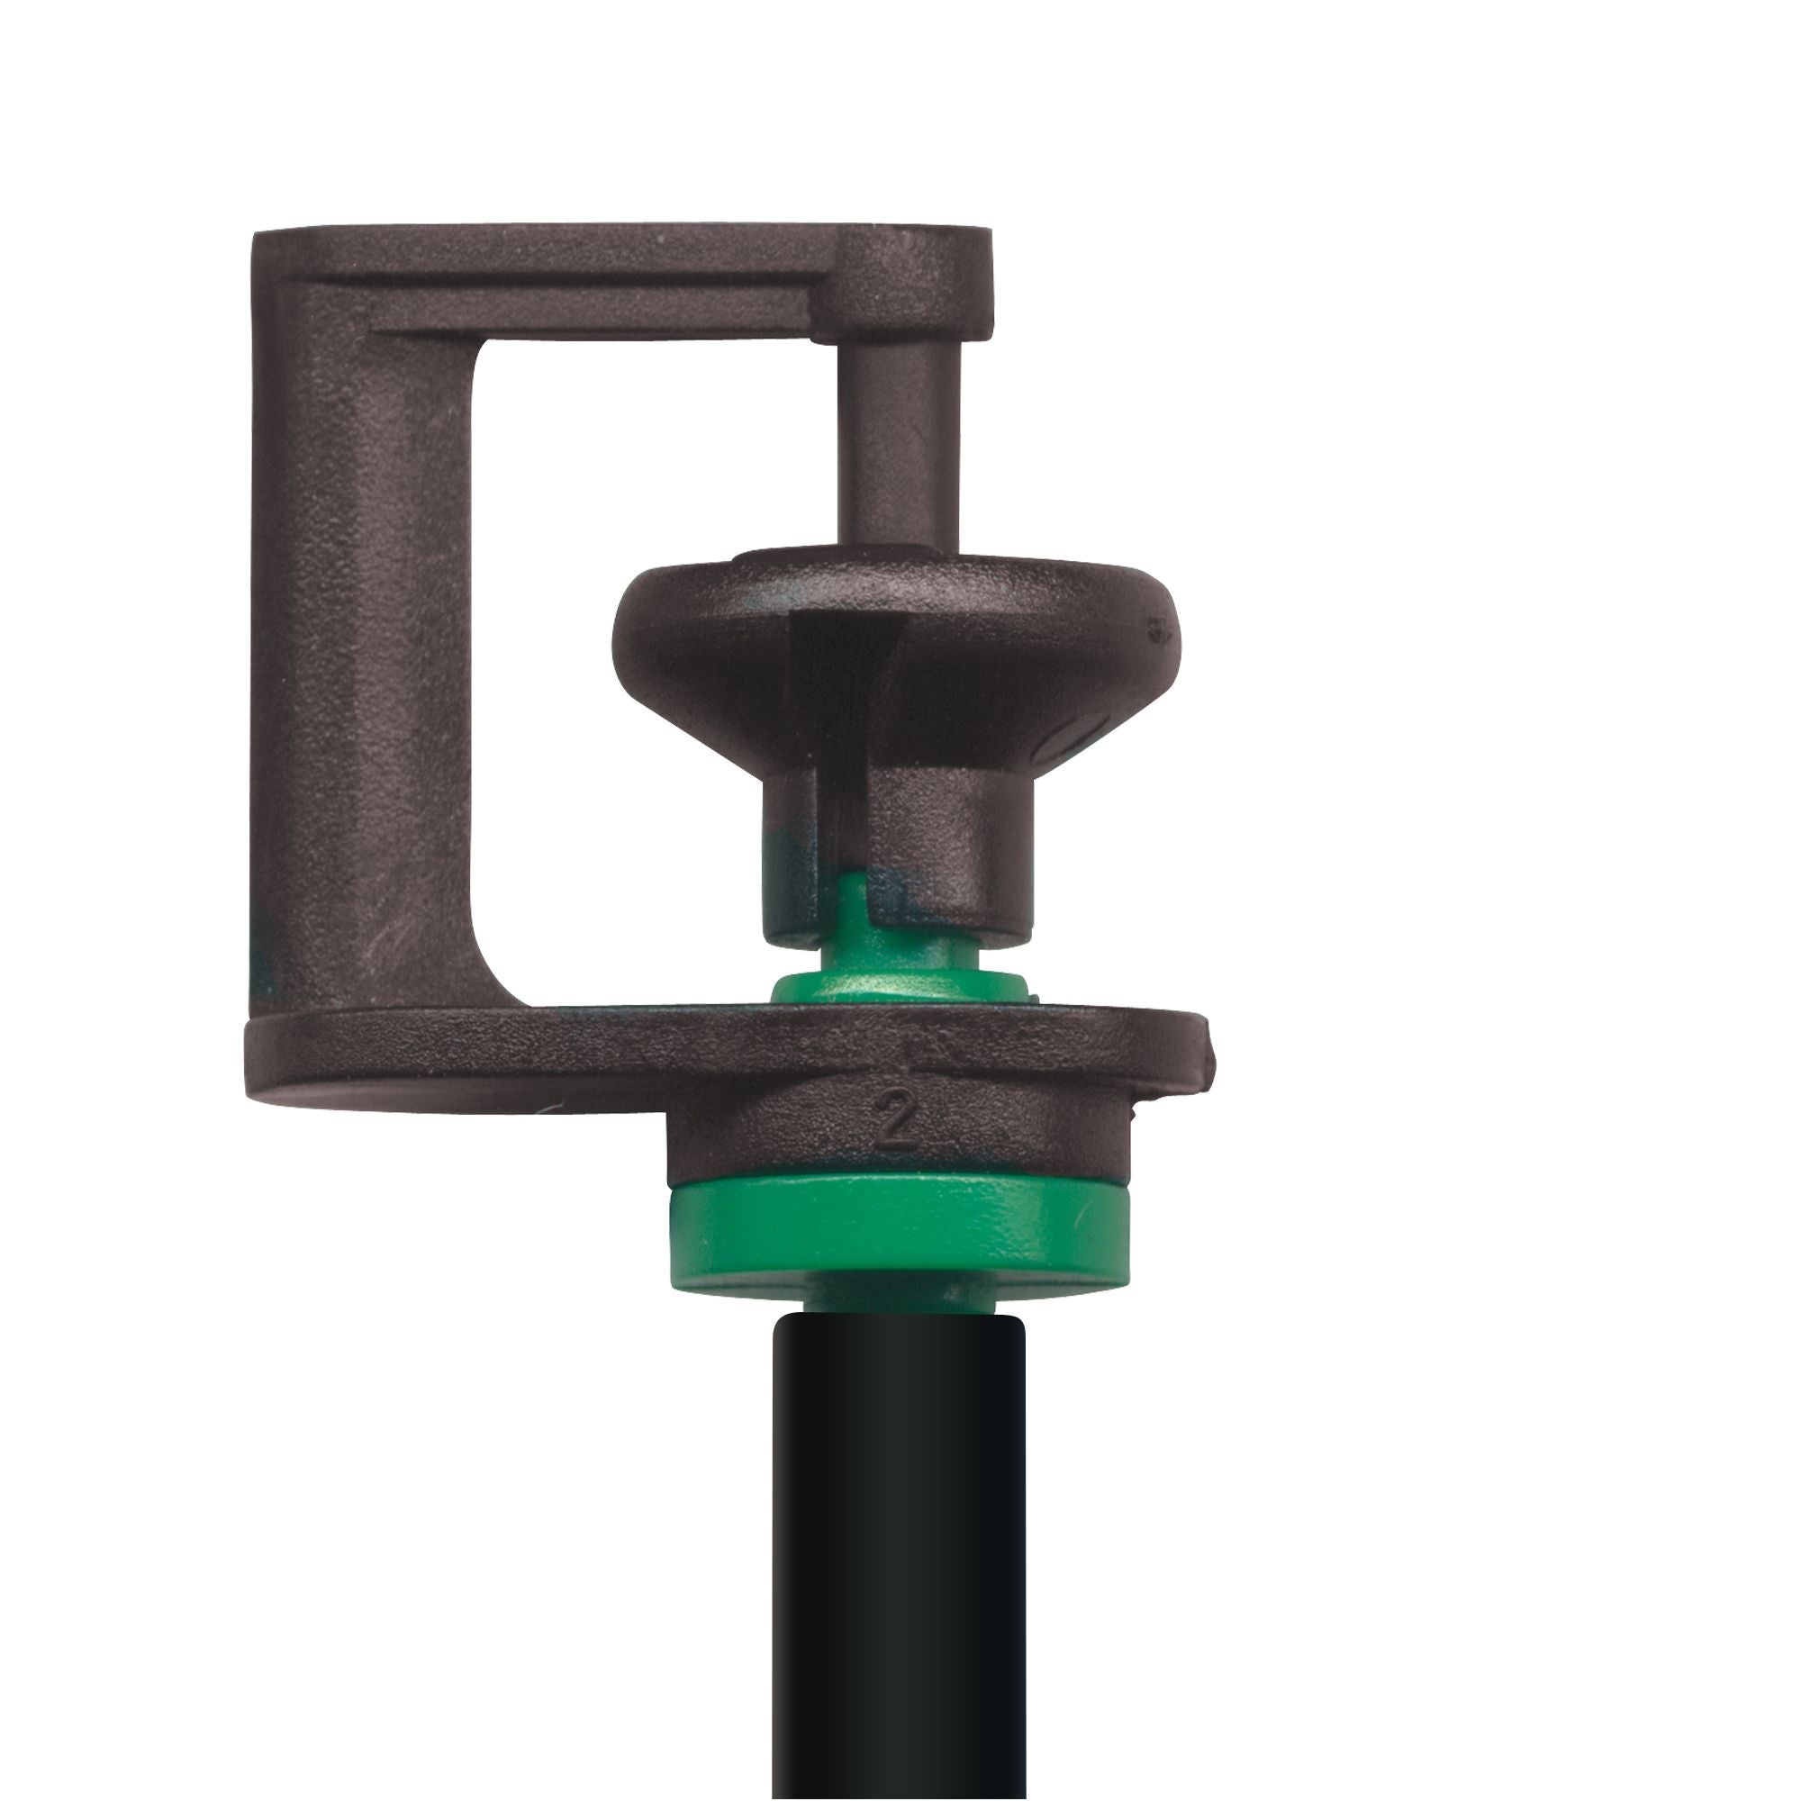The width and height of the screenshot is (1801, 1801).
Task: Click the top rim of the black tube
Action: point(898,1322)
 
